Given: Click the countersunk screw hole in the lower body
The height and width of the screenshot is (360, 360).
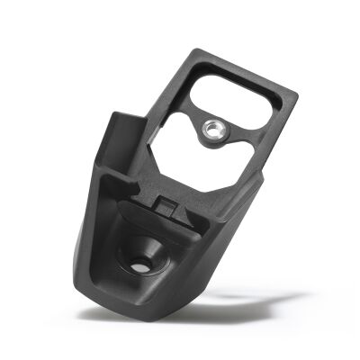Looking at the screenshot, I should point(142,264).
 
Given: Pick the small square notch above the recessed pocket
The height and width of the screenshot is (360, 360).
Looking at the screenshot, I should point(167,205).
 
